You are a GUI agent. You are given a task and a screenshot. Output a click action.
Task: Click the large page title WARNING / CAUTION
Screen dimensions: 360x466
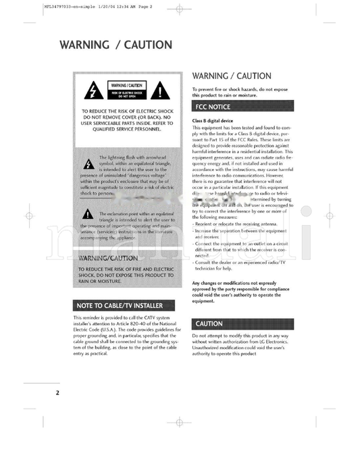click(x=115, y=45)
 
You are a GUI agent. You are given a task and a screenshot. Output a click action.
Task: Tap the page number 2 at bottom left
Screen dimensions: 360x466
click(x=57, y=392)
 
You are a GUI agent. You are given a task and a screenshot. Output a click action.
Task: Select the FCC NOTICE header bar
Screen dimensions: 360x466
click(x=242, y=107)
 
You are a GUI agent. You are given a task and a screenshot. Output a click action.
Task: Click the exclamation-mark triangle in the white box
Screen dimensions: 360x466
click(x=159, y=91)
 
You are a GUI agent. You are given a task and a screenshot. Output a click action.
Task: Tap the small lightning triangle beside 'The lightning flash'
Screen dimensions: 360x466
click(x=88, y=163)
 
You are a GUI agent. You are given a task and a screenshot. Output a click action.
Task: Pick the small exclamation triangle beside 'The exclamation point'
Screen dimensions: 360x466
click(x=88, y=215)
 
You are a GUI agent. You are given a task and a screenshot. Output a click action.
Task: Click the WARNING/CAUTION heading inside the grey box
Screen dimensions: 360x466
click(x=109, y=258)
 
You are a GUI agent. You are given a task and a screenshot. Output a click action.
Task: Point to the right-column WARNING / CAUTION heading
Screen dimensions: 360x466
click(x=232, y=76)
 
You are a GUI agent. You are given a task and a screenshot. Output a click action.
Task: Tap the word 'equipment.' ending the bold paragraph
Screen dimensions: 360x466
click(x=203, y=301)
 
